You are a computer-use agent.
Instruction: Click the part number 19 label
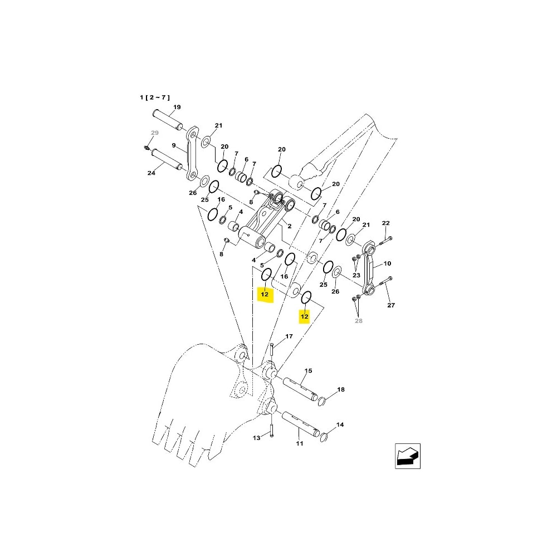[177, 107]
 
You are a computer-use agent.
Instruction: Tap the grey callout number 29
[155, 133]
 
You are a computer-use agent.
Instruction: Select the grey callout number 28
[359, 321]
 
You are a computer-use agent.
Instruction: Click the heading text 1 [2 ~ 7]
[155, 97]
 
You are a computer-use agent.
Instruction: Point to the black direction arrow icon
[408, 456]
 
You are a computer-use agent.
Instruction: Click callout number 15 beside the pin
[309, 370]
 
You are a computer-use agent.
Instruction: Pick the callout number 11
[300, 443]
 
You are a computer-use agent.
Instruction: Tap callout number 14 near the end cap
[340, 424]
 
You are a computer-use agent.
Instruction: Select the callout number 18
[341, 389]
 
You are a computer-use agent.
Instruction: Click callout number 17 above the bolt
[289, 336]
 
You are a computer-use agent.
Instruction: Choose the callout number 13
[256, 438]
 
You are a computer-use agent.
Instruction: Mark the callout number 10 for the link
[387, 263]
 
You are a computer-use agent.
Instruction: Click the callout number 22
[386, 223]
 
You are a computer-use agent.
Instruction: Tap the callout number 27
[391, 305]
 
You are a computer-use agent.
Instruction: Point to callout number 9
[174, 145]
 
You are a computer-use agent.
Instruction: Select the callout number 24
[152, 173]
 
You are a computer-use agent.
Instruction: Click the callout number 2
[290, 226]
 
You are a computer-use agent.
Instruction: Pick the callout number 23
[356, 275]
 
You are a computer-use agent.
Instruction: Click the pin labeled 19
[168, 120]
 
